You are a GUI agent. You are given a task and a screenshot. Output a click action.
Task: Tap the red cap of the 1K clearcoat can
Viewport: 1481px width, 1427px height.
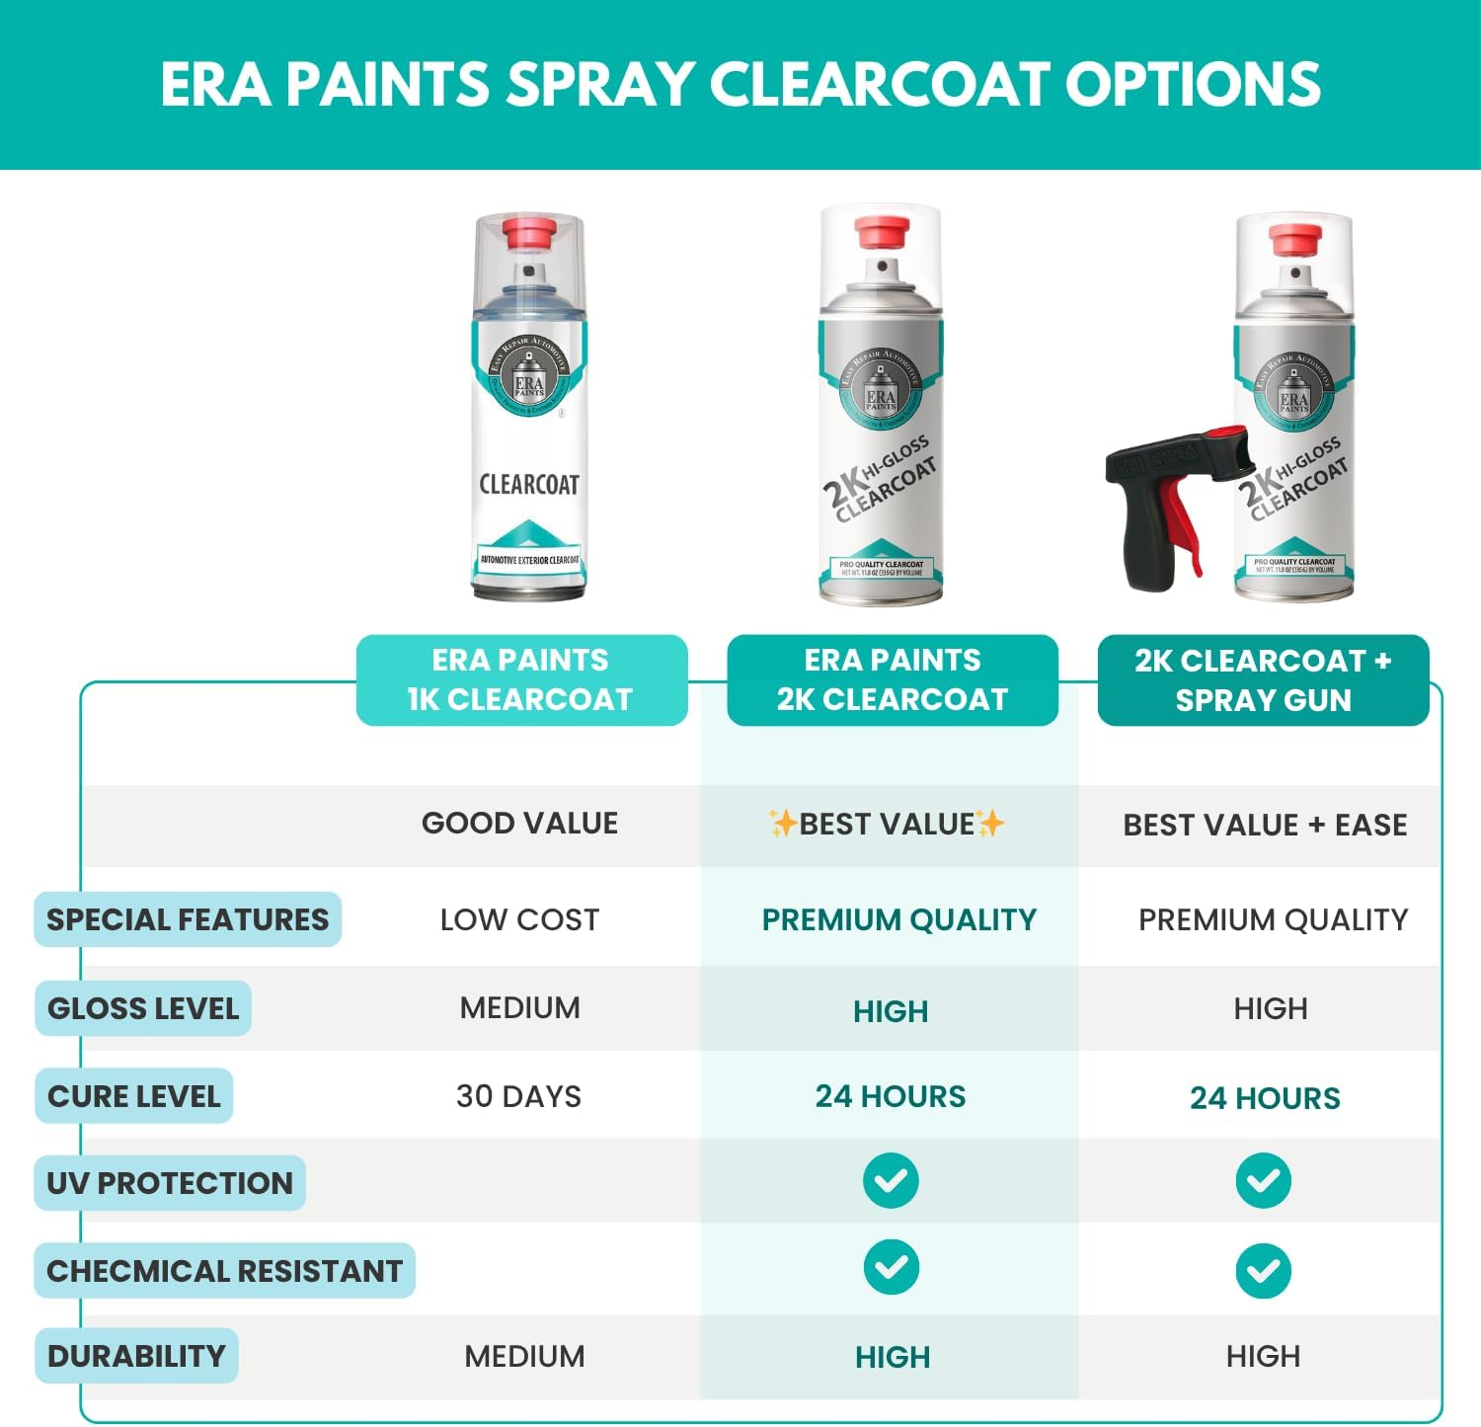(528, 235)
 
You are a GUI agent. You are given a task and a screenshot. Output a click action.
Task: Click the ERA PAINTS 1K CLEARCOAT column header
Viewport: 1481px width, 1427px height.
(520, 679)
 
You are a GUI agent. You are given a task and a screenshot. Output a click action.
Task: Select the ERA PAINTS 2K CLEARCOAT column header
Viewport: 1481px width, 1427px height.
(892, 679)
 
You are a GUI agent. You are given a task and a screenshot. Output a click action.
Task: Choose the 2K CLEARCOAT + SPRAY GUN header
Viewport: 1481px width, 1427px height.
(1263, 679)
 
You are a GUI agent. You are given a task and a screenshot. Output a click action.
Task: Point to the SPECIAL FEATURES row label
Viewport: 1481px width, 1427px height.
(188, 919)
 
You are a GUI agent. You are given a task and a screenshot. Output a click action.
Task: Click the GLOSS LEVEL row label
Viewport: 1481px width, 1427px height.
(143, 1008)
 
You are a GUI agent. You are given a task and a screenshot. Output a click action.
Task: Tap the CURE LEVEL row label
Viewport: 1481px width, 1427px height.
(133, 1096)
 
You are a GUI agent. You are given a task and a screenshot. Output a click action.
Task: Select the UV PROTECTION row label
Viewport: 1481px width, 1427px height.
(170, 1183)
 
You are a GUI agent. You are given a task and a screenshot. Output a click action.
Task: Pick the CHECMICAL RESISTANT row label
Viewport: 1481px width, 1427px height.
(224, 1271)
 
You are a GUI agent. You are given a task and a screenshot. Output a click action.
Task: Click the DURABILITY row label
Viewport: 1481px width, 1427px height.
(136, 1357)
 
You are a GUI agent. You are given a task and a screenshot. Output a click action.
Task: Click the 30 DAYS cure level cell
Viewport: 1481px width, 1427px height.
(518, 1096)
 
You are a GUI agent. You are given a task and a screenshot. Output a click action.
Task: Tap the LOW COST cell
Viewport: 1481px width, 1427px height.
(519, 919)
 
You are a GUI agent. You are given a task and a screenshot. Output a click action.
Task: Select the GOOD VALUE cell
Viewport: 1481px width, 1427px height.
(519, 824)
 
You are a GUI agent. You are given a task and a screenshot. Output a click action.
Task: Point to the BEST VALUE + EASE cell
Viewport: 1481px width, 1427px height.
(1265, 825)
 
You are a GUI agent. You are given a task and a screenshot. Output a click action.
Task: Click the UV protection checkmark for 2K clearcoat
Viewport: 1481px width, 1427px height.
(891, 1180)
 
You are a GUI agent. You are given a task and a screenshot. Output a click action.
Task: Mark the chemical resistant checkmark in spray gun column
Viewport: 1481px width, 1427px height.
(1263, 1271)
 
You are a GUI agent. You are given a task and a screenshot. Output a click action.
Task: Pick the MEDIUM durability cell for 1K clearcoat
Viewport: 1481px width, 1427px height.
(524, 1357)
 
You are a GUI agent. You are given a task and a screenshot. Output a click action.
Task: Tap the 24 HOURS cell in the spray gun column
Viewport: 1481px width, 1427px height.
(1265, 1098)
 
